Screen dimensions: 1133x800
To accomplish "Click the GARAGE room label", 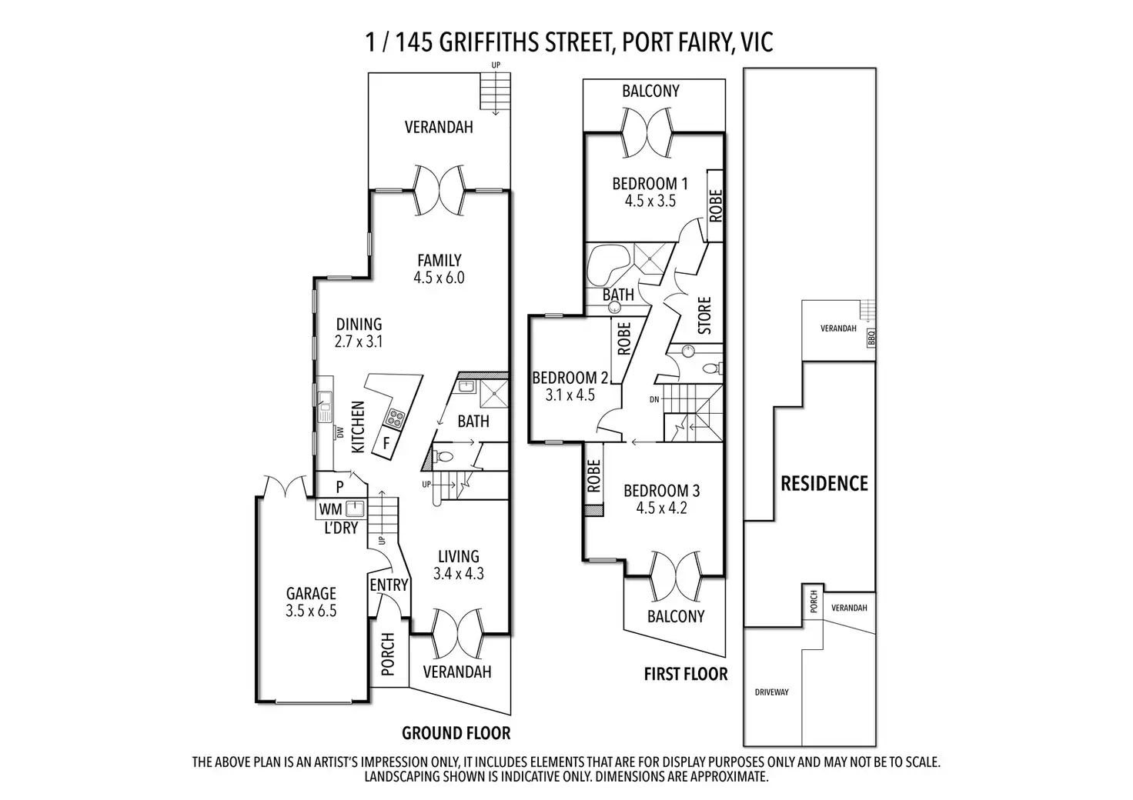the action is click(311, 593).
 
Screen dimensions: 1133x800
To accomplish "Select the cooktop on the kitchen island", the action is click(396, 418).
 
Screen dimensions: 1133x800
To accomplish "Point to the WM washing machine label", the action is click(330, 509).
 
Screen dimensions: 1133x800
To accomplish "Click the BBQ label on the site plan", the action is click(871, 338).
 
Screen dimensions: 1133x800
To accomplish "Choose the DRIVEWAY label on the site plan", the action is click(771, 692).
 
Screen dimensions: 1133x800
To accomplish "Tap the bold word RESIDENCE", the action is click(824, 484).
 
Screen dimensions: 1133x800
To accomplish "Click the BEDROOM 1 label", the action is click(650, 183).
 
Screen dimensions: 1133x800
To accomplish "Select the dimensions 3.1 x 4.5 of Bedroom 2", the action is click(570, 395).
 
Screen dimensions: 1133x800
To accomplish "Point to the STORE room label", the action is click(704, 315).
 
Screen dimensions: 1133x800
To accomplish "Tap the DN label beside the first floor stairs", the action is click(654, 399).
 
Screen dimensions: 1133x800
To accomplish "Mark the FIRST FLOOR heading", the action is click(686, 674).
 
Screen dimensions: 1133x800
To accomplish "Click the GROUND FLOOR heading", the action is click(456, 733).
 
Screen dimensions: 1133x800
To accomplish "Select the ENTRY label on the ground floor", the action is click(389, 585).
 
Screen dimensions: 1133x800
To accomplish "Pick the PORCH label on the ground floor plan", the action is click(387, 655).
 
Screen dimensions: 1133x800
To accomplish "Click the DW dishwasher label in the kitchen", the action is click(340, 432).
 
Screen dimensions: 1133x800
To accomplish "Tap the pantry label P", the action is click(340, 487).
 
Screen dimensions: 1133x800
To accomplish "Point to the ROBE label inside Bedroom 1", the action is click(716, 205).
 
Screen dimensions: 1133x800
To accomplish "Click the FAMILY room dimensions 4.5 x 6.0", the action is click(439, 278).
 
